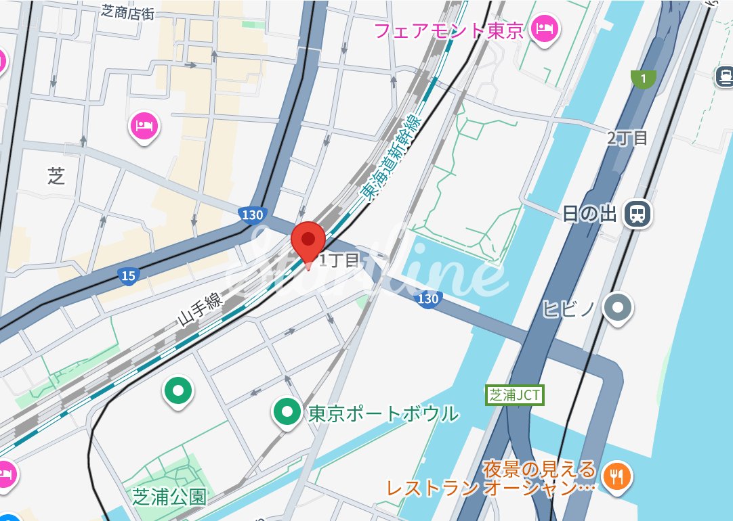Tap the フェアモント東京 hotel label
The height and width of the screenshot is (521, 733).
(x=449, y=30)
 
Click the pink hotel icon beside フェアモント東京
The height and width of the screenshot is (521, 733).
(x=544, y=28)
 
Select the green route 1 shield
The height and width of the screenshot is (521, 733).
(x=643, y=79)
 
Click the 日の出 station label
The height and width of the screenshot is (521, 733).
(x=589, y=214)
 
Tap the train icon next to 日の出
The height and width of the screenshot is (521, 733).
(x=637, y=214)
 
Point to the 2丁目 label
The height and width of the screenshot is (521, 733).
(x=627, y=138)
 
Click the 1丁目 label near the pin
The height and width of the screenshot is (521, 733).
(x=339, y=260)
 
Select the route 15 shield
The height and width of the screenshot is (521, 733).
(x=128, y=275)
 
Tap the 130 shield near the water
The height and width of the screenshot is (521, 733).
(x=428, y=298)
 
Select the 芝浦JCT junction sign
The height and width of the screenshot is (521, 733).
(x=516, y=395)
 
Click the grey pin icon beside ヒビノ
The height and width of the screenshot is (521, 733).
(x=618, y=307)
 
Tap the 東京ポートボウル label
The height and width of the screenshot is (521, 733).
(x=383, y=413)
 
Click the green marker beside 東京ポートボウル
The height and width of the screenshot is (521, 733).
(x=287, y=411)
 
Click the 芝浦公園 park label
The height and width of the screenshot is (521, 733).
(x=169, y=497)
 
